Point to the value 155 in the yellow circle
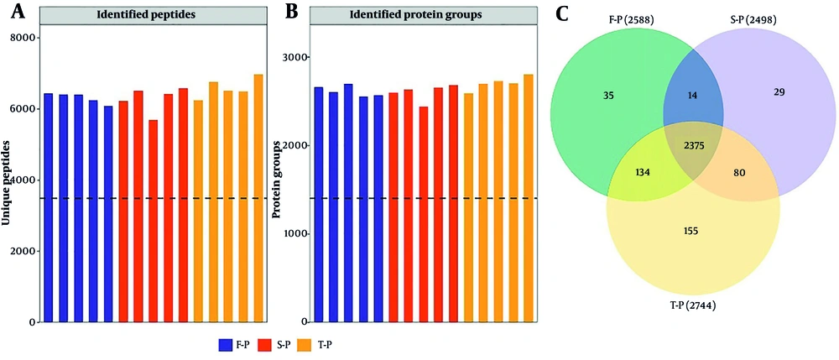coord(692,231)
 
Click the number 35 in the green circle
coord(607,96)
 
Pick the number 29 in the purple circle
coord(779,92)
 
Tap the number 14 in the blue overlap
coord(692,96)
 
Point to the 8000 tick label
coord(23,38)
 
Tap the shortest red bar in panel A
coord(153,221)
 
